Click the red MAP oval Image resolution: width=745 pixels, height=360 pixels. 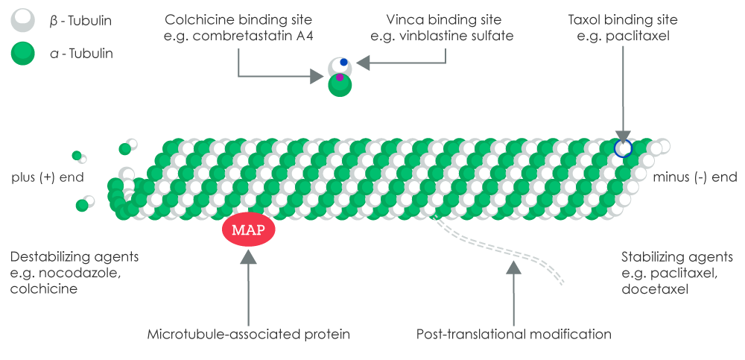(x=248, y=229)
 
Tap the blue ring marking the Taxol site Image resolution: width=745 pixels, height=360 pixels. (x=623, y=148)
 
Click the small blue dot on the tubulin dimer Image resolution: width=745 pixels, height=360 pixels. (x=343, y=62)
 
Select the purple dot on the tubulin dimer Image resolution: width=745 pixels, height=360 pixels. (x=340, y=77)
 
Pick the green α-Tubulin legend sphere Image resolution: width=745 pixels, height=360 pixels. (x=23, y=53)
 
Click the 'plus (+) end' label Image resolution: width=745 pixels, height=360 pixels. (x=48, y=177)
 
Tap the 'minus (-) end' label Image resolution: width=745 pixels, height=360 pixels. (x=694, y=177)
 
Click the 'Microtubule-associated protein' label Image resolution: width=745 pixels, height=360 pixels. (x=249, y=334)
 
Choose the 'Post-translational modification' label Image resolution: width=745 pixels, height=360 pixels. (x=514, y=334)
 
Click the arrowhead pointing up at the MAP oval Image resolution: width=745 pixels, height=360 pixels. (x=248, y=257)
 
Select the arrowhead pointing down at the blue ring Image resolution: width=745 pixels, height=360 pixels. (x=623, y=132)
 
